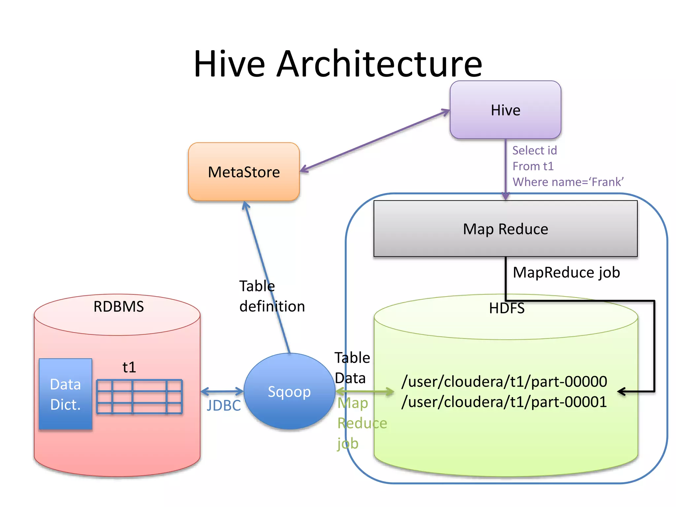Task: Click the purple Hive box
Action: (x=505, y=110)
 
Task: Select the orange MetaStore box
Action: (x=244, y=172)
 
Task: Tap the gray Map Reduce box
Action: (x=505, y=229)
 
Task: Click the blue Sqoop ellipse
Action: (x=289, y=391)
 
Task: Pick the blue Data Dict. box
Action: (x=65, y=394)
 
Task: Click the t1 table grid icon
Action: (x=139, y=396)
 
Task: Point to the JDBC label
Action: (x=223, y=406)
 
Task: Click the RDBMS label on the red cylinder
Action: (x=118, y=307)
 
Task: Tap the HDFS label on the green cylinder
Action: (x=506, y=308)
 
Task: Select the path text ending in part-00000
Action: (x=504, y=382)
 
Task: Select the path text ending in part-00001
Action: (x=504, y=402)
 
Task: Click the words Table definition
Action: (x=271, y=296)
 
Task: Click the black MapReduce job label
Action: (x=566, y=273)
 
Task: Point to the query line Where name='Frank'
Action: (x=568, y=182)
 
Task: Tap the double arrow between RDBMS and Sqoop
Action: (x=222, y=392)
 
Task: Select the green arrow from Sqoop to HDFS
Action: (x=365, y=392)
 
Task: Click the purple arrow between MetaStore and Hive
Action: (x=375, y=141)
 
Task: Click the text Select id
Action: (x=534, y=151)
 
